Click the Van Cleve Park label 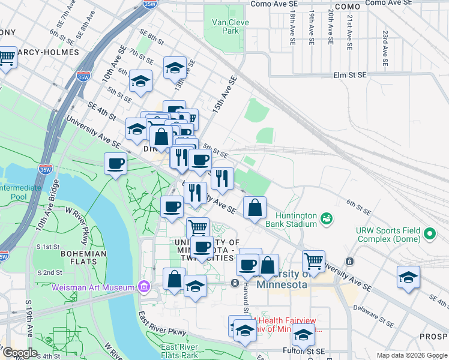230,26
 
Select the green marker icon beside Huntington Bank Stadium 327,218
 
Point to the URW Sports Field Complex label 388,235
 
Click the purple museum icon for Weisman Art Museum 143,287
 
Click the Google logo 20,353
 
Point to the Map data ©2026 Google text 411,355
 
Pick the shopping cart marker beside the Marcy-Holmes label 6,58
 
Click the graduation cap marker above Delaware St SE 408,278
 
